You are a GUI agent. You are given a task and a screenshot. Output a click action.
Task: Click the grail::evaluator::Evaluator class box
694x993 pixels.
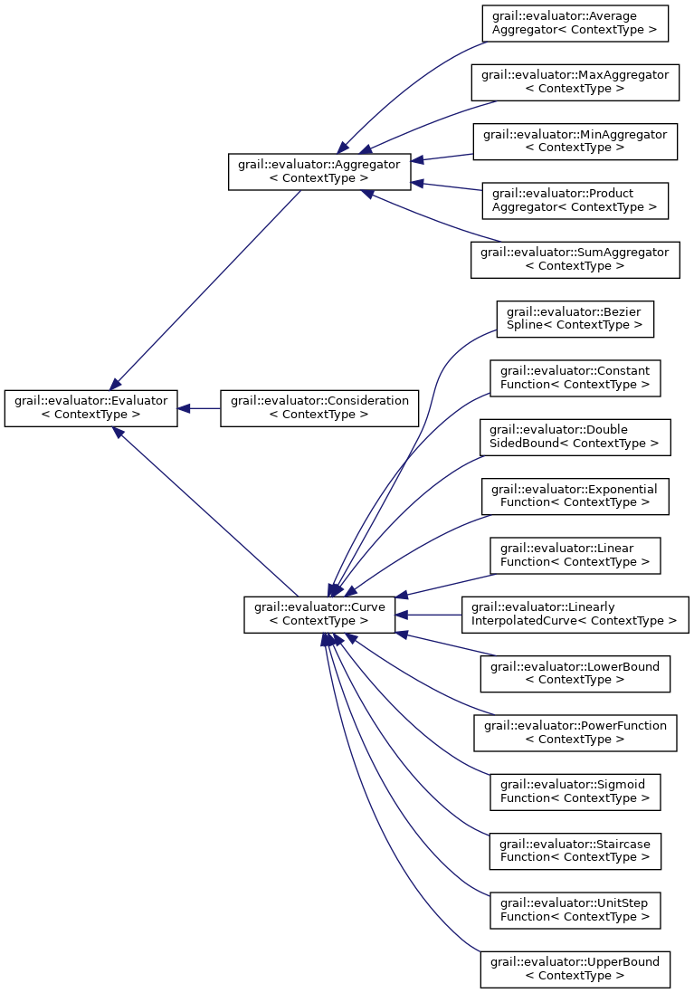(x=90, y=407)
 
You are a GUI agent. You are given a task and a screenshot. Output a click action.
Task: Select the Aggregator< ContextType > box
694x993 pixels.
(x=319, y=171)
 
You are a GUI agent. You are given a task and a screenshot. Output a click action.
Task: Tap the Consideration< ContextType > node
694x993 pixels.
(x=320, y=407)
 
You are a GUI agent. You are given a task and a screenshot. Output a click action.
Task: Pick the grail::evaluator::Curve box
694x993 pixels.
(x=319, y=614)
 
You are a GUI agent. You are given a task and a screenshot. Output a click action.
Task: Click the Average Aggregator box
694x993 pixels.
(x=575, y=24)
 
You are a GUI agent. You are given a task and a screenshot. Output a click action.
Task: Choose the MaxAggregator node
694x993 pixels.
(x=575, y=82)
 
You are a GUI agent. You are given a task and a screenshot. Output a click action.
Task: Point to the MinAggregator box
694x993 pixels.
(x=575, y=141)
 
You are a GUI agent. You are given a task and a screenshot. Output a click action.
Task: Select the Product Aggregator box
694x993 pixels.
(x=575, y=200)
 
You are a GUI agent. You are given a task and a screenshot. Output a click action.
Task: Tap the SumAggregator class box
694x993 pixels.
(x=575, y=259)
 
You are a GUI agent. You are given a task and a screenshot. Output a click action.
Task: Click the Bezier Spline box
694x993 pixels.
(x=575, y=319)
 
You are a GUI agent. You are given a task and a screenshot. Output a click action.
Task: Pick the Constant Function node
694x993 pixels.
(x=575, y=377)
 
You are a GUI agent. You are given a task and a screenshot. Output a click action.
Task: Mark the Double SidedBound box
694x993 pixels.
(x=575, y=436)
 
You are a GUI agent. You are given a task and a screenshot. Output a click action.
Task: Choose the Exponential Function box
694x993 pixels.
(x=575, y=495)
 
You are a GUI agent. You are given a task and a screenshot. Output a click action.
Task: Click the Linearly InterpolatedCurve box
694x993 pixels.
(x=575, y=614)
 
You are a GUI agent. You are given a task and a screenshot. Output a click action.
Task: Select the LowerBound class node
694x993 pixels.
(x=575, y=673)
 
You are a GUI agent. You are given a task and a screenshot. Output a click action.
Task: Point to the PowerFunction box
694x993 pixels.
(x=575, y=731)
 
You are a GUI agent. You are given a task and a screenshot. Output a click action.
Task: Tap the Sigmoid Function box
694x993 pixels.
(x=575, y=791)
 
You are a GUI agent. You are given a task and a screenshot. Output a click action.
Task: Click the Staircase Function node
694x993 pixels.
(x=575, y=850)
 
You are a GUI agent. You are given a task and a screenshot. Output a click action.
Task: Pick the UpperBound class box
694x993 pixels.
(x=575, y=969)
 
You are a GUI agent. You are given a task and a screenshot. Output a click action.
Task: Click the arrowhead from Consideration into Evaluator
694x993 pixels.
(x=184, y=408)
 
